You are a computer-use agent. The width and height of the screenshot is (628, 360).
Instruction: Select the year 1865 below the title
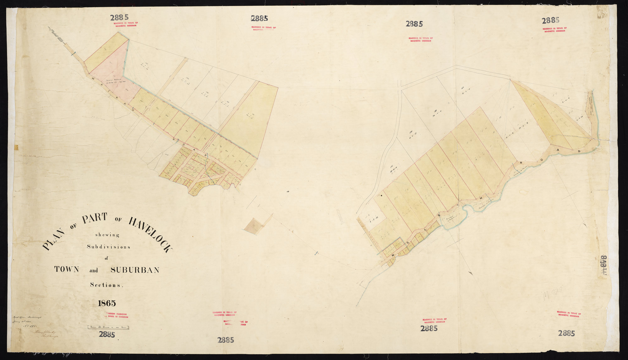[107, 303]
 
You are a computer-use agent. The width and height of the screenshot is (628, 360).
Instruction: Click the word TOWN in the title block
[67, 270]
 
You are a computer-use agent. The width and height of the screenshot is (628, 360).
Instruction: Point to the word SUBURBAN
[135, 270]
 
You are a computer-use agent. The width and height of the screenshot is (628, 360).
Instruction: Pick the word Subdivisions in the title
[108, 247]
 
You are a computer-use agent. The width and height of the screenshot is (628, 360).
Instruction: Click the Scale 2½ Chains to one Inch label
[108, 327]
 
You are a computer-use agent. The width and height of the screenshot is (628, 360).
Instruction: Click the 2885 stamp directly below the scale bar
[107, 335]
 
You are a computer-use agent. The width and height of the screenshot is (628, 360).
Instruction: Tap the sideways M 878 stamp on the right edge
[603, 265]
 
